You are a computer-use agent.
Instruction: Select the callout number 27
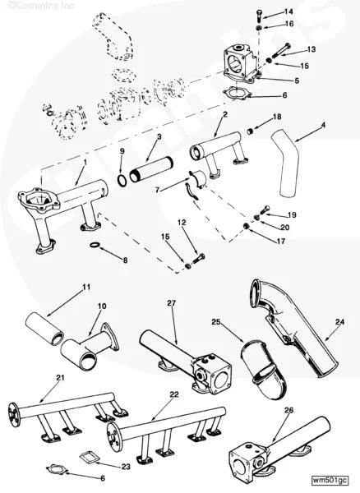coord(172,303)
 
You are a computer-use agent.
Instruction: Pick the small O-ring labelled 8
coord(95,246)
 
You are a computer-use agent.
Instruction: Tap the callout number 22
coord(173,395)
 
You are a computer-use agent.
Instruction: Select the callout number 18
coord(276,117)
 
